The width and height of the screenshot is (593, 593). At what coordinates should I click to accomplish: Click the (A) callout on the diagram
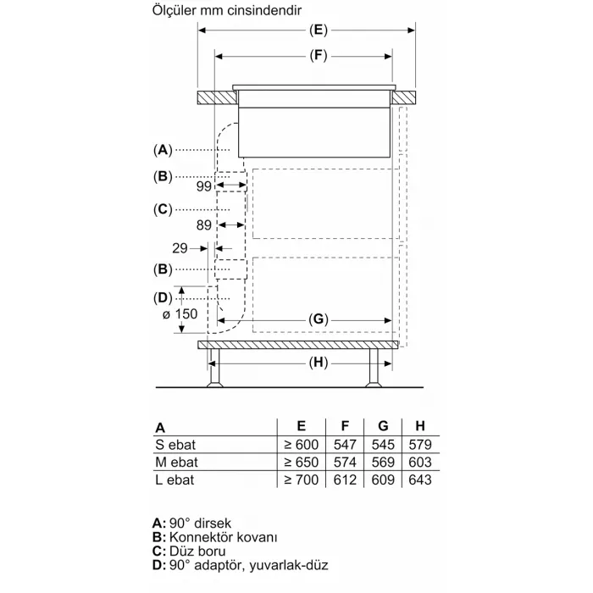pos(163,150)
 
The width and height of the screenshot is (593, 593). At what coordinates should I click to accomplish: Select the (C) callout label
pos(163,208)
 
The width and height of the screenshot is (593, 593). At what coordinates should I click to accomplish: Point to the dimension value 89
pos(202,224)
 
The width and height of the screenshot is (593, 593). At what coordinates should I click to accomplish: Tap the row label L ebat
pos(175,480)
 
